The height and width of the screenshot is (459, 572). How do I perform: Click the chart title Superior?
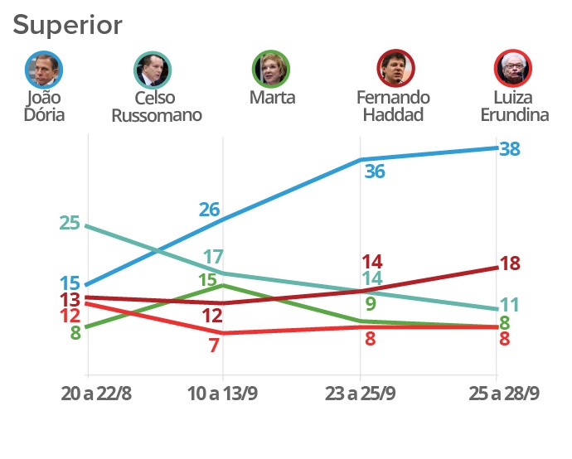coord(67,25)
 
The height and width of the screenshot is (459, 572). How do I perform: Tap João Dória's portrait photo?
coord(44,70)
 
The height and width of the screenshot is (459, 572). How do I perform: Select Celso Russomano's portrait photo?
coord(153,70)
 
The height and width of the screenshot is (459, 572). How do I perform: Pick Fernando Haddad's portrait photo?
coord(395,70)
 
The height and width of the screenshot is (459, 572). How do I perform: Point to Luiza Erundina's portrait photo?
coord(512,70)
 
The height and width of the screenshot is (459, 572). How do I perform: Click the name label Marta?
coord(272,98)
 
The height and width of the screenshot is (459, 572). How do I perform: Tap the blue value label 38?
coord(511,149)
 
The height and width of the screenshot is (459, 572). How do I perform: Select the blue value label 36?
coord(375,172)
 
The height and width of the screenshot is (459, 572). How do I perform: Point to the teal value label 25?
coord(70,223)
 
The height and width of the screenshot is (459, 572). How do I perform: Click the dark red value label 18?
coord(510,264)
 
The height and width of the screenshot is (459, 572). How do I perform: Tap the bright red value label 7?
coord(213,345)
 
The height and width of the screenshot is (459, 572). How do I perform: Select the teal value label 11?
coord(509,304)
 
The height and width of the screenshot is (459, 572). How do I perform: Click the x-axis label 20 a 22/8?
coord(96,394)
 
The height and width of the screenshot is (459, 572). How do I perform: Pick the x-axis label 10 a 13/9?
coord(222,394)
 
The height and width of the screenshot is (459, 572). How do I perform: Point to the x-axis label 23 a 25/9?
coord(359,394)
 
